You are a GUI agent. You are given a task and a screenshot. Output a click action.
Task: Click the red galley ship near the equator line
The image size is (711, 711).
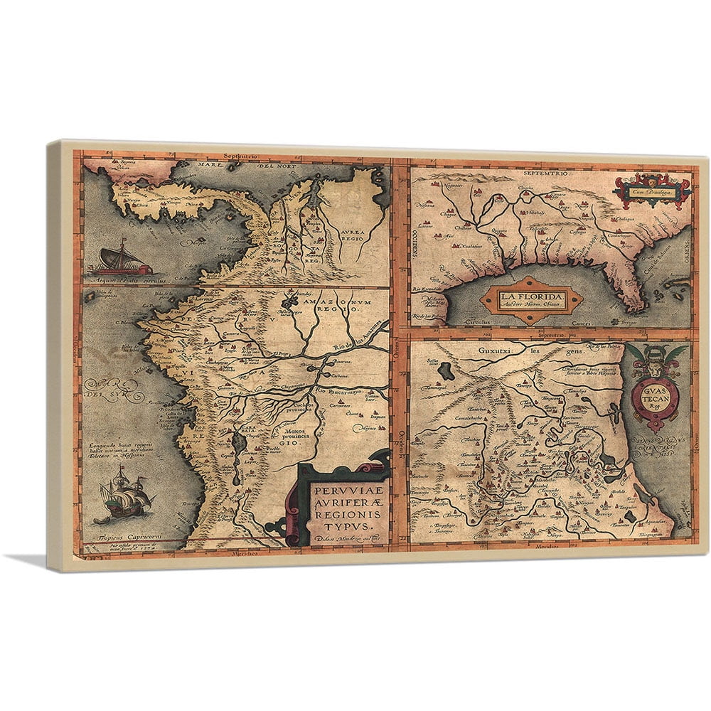[x=125, y=262]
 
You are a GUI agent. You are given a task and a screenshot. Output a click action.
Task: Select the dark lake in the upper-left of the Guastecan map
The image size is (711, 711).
[x=448, y=370]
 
